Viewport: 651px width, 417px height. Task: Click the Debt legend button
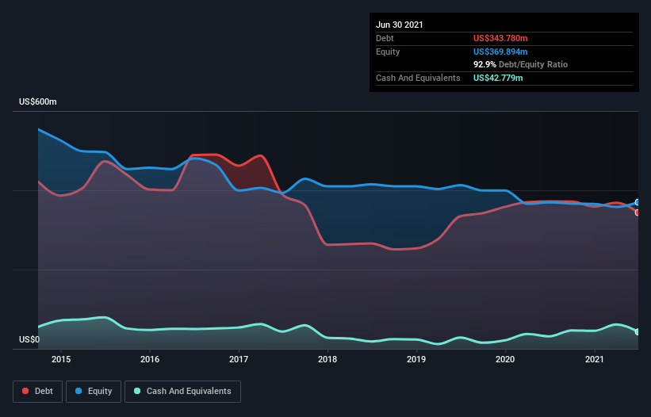click(38, 391)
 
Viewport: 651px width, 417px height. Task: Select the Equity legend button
click(94, 391)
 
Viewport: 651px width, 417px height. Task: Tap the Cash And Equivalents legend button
click(182, 391)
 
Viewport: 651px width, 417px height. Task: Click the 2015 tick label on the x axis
click(61, 360)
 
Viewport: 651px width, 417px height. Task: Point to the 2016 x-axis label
click(150, 360)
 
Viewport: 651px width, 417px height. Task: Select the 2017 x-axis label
click(239, 360)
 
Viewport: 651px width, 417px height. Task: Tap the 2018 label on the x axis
click(327, 360)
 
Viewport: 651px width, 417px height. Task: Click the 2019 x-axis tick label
click(417, 360)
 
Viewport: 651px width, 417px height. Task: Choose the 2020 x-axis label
click(506, 360)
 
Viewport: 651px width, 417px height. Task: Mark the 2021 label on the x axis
click(595, 360)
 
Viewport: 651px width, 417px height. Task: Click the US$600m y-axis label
click(38, 102)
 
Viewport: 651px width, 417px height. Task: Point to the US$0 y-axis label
click(29, 340)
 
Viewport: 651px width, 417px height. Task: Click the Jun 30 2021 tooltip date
click(400, 25)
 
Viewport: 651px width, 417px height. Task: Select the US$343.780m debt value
click(500, 38)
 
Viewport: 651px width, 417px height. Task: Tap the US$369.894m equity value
click(500, 52)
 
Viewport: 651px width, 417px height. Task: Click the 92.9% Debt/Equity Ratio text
click(520, 64)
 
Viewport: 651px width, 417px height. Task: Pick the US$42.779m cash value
click(498, 78)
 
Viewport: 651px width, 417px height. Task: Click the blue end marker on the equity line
click(638, 203)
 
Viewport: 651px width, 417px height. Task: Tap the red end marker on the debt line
click(638, 212)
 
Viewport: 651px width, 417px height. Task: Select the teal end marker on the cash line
click(638, 332)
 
